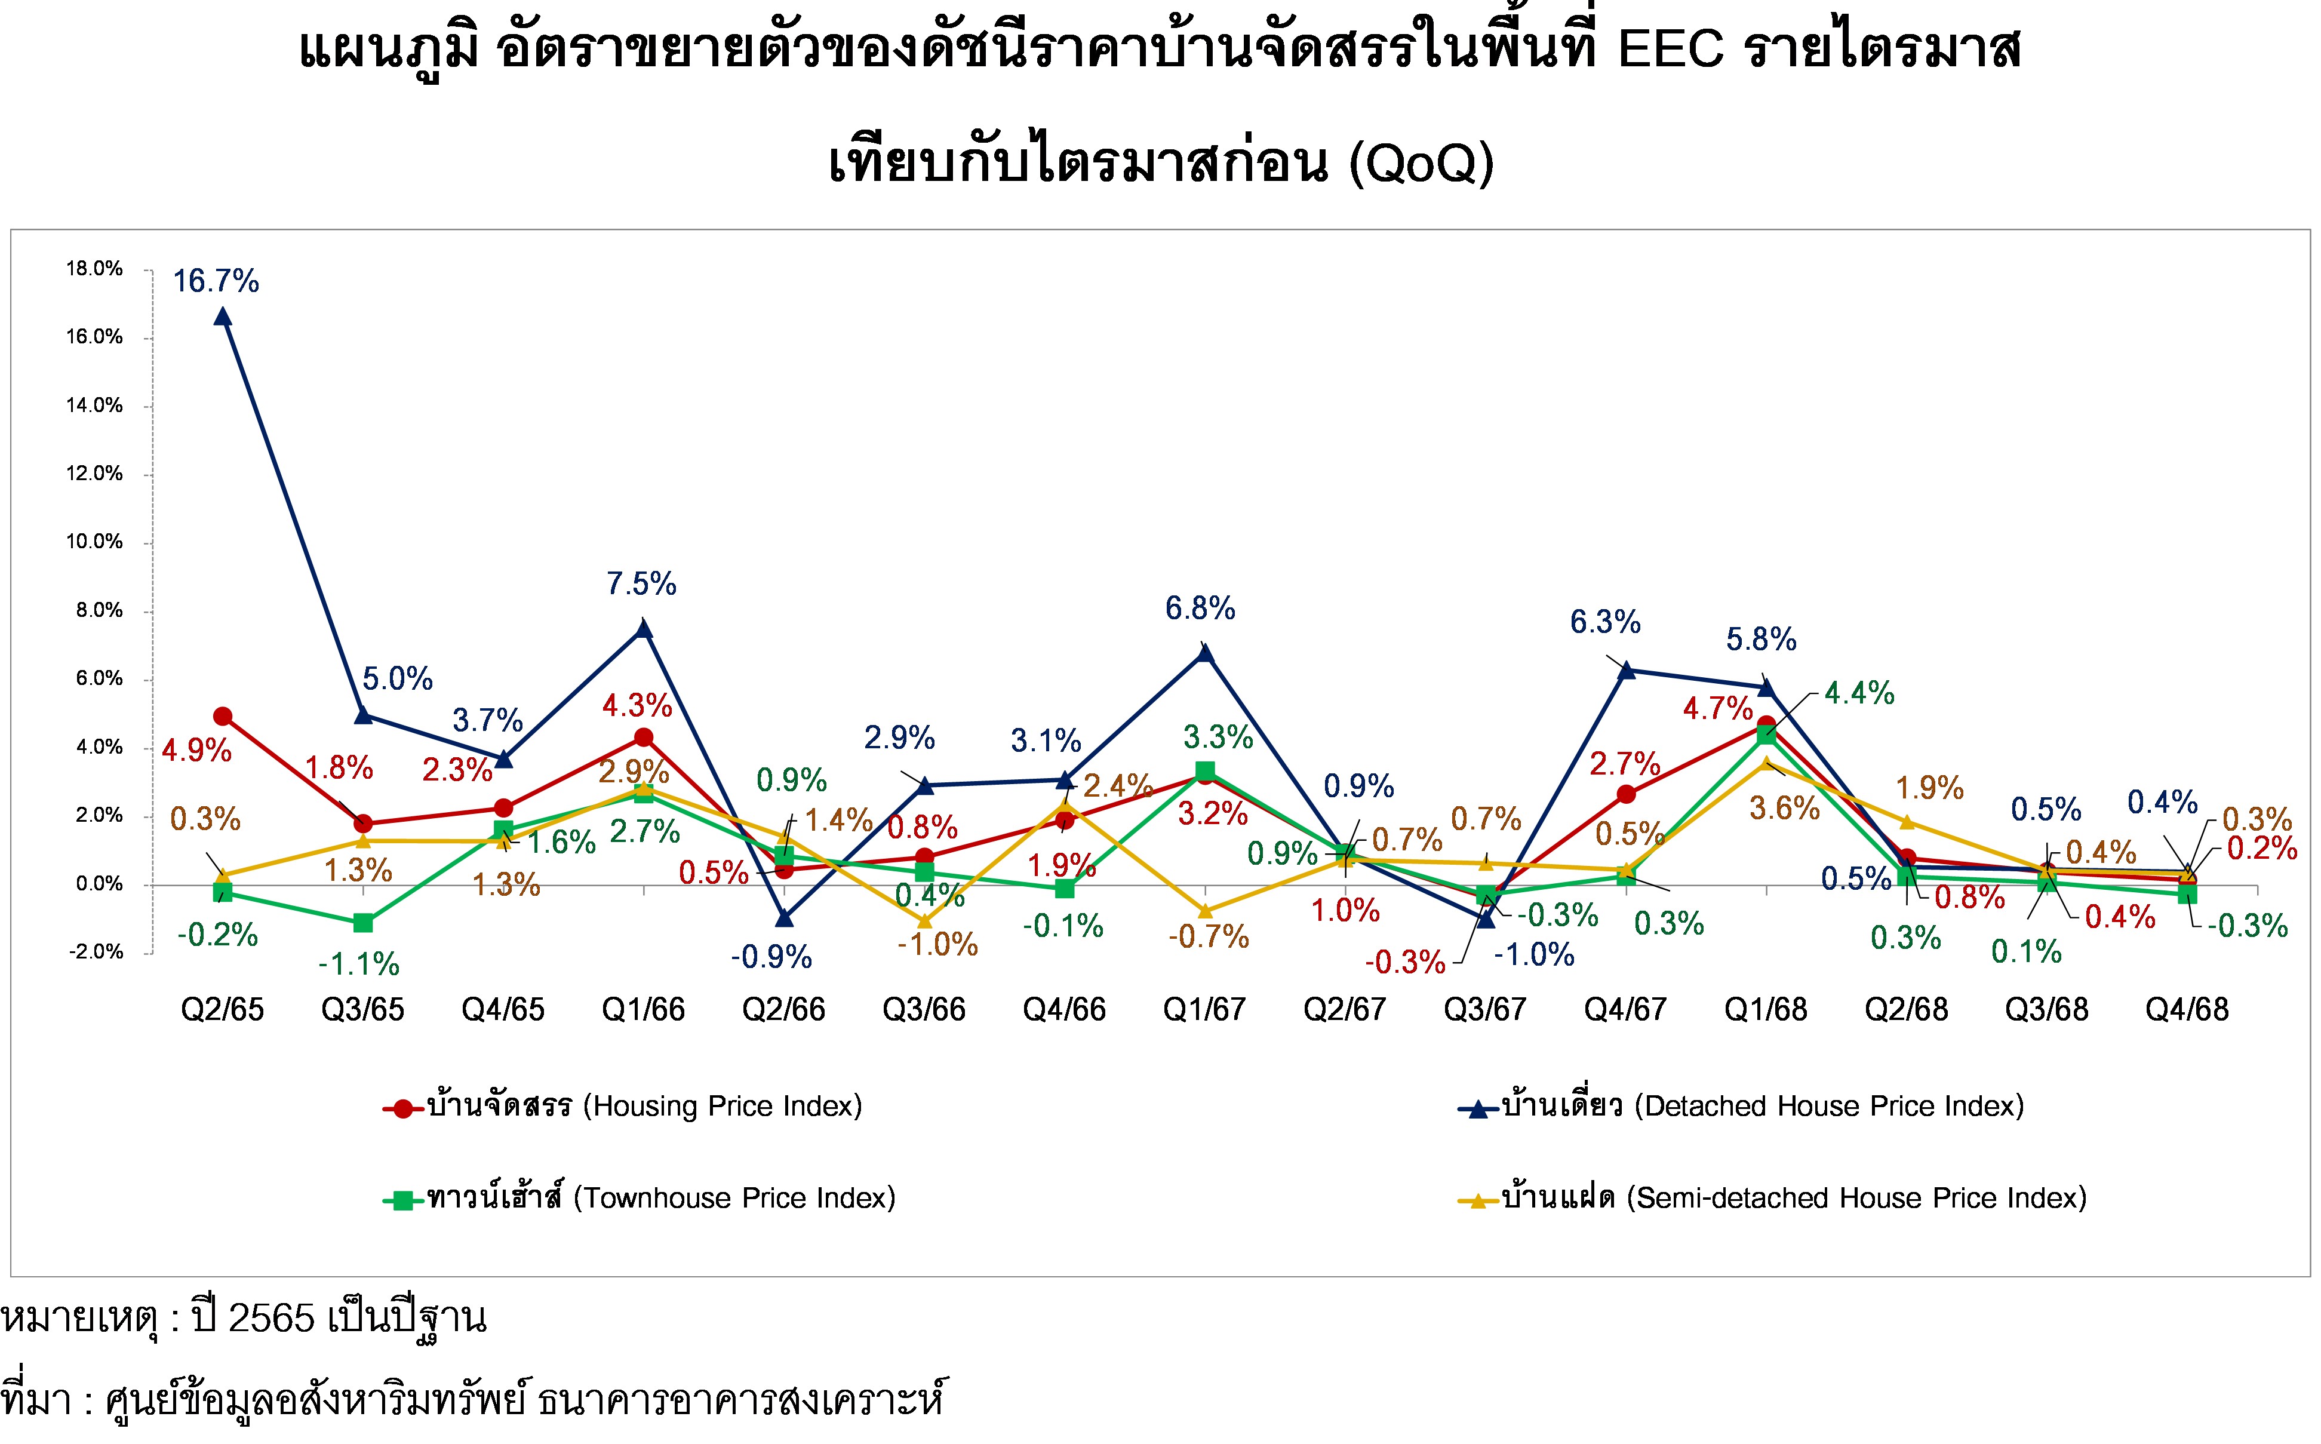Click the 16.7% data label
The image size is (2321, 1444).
[x=216, y=282]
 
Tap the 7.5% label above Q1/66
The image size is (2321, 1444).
[x=641, y=583]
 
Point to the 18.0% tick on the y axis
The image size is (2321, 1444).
[x=94, y=269]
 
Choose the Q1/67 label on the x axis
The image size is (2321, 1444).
[x=1204, y=1009]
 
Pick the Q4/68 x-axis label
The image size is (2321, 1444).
[x=2187, y=1009]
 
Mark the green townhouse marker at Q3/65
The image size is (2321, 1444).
[x=363, y=923]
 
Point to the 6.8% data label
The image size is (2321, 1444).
[x=1200, y=609]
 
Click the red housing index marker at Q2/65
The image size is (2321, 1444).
[x=223, y=716]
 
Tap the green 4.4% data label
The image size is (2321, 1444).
[x=1859, y=693]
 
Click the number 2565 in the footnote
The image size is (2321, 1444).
[x=271, y=1319]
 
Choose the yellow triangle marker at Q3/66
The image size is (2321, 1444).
[x=924, y=921]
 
